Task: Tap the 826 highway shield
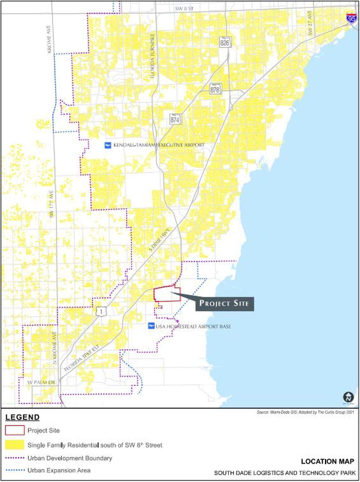225,42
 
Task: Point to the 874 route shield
175,119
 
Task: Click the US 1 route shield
100,312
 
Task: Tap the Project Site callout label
224,304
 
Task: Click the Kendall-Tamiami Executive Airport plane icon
108,145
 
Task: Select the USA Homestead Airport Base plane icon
151,326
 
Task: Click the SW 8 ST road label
184,9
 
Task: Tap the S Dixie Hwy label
160,240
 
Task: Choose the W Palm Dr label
41,382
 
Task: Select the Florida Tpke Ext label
81,357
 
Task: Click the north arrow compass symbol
348,397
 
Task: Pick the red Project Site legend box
15,430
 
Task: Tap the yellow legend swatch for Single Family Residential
15,445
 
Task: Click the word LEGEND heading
22,418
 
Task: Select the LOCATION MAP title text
327,461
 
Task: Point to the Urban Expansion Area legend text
59,470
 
